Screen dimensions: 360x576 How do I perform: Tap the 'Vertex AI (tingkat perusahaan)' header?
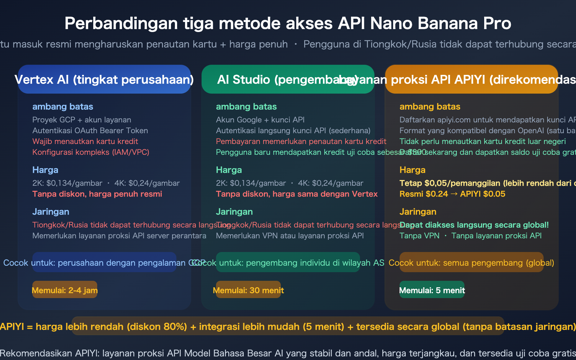point(104,80)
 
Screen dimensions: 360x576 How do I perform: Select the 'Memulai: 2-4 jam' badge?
point(65,290)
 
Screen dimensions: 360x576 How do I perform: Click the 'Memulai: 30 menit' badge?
point(248,290)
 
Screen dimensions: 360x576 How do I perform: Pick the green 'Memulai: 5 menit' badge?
point(432,290)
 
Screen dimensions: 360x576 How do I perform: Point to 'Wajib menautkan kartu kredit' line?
point(85,141)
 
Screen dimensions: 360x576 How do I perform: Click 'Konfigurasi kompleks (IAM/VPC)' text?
point(91,152)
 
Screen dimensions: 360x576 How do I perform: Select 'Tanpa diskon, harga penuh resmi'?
point(97,194)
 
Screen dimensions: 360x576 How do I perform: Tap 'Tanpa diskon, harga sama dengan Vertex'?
point(297,194)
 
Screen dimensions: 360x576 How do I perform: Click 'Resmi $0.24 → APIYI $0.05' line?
point(452,194)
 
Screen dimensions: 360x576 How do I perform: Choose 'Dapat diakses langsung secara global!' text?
point(474,225)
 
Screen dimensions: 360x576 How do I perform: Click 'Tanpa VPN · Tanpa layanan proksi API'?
point(470,236)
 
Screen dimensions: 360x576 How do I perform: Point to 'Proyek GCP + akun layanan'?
point(82,120)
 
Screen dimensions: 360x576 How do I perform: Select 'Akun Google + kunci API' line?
point(260,120)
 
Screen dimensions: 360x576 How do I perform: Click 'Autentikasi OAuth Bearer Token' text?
point(90,131)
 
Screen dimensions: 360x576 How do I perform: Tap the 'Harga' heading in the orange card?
point(412,170)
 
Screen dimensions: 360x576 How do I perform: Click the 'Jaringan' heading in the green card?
point(234,212)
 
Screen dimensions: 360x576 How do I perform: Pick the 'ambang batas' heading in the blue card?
point(63,107)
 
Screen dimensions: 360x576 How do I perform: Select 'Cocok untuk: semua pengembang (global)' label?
point(471,263)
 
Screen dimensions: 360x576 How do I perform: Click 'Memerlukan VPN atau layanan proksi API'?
point(290,236)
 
